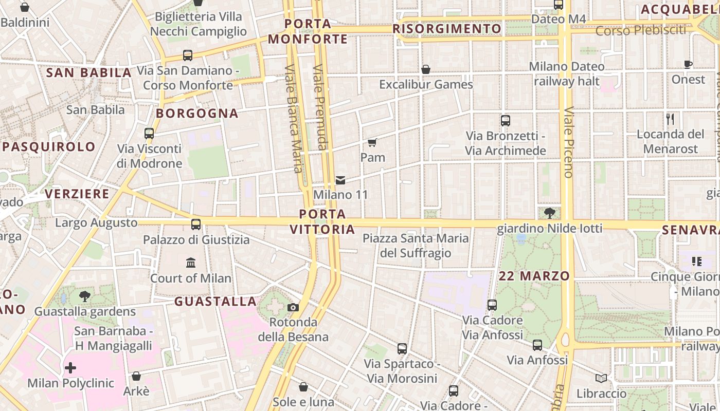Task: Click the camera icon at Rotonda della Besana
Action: click(x=293, y=307)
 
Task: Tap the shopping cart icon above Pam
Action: click(x=372, y=142)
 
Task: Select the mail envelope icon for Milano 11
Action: click(x=340, y=180)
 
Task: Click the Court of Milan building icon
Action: click(x=191, y=263)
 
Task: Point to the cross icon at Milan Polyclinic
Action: click(x=70, y=368)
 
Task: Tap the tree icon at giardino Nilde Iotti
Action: click(x=549, y=213)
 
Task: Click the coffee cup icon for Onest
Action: click(x=688, y=65)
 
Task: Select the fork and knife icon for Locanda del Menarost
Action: click(x=670, y=119)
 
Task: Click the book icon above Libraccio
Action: click(x=601, y=379)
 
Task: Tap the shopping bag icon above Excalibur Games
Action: click(x=426, y=69)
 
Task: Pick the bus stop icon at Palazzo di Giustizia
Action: click(x=196, y=225)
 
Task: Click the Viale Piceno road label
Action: click(x=568, y=142)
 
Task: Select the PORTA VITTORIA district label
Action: click(x=322, y=221)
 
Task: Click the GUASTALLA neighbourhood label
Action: click(x=215, y=302)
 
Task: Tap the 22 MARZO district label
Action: click(x=534, y=276)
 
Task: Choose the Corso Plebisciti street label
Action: click(x=642, y=31)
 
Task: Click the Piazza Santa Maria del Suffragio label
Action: click(x=416, y=246)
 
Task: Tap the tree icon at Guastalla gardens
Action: click(x=85, y=296)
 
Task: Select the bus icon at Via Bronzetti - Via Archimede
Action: click(x=506, y=121)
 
